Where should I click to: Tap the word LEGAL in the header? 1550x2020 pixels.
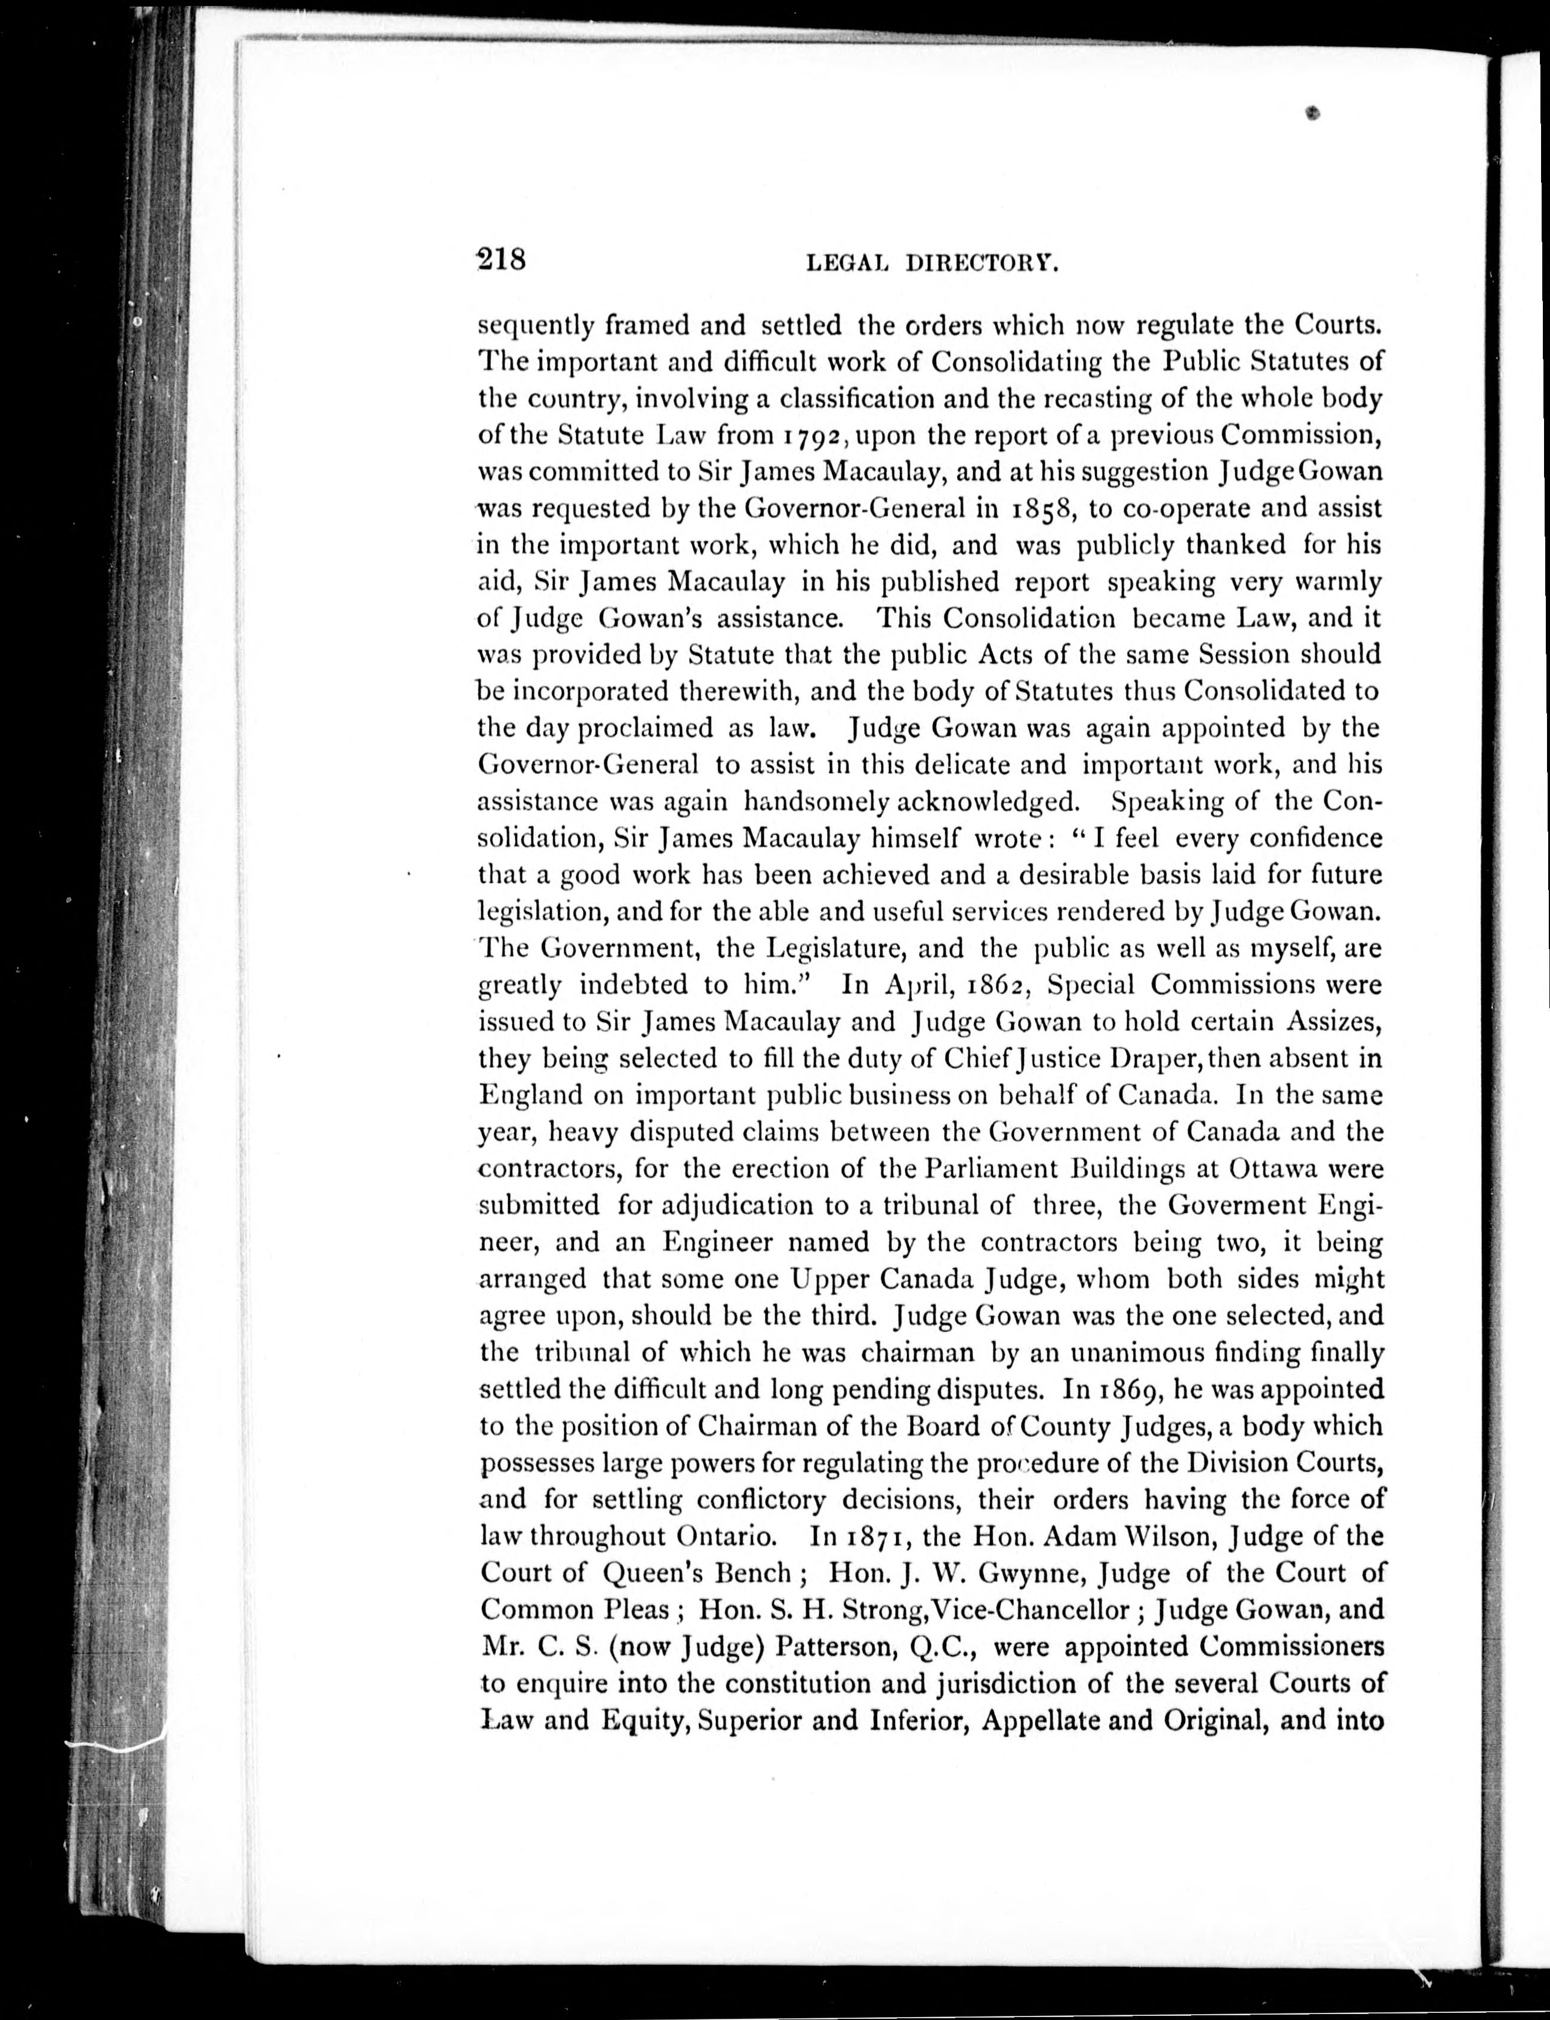(847, 264)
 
